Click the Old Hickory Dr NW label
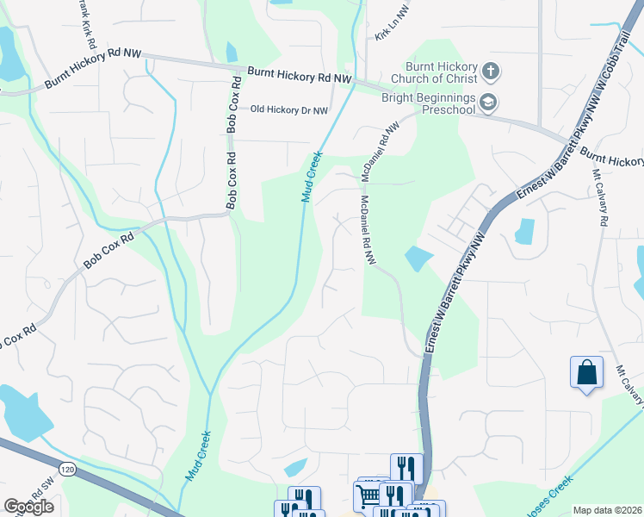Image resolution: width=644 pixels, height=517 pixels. [288, 110]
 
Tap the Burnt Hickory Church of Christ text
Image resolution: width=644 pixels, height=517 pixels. [443, 74]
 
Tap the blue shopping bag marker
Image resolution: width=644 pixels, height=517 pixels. [586, 373]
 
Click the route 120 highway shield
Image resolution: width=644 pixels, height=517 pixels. [67, 467]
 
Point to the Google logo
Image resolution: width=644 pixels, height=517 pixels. [28, 507]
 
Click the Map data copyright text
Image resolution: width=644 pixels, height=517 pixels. [607, 510]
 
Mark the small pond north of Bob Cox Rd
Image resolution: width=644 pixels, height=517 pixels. [231, 53]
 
